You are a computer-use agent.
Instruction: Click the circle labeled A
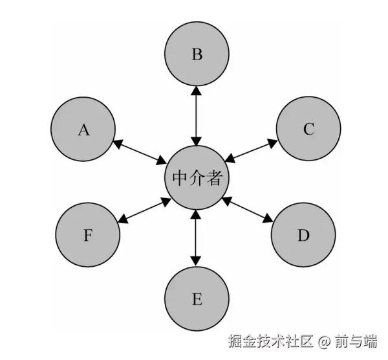(83, 129)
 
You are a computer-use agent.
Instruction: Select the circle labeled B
(197, 54)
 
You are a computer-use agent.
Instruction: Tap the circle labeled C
(308, 129)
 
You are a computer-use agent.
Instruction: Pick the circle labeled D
(303, 234)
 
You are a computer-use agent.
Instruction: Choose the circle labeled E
(197, 298)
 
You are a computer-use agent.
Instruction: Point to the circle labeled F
(88, 234)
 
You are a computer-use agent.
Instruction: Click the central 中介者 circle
(197, 178)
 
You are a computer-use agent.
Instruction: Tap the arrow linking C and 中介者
(252, 149)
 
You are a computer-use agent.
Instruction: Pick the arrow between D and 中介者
(248, 211)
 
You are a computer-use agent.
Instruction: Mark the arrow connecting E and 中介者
(197, 238)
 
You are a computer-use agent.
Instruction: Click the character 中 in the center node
(180, 179)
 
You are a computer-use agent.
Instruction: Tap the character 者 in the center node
(213, 179)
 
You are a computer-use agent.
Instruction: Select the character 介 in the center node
(197, 179)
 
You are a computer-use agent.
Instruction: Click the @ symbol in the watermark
(323, 341)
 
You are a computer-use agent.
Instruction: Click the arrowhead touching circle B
(197, 91)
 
